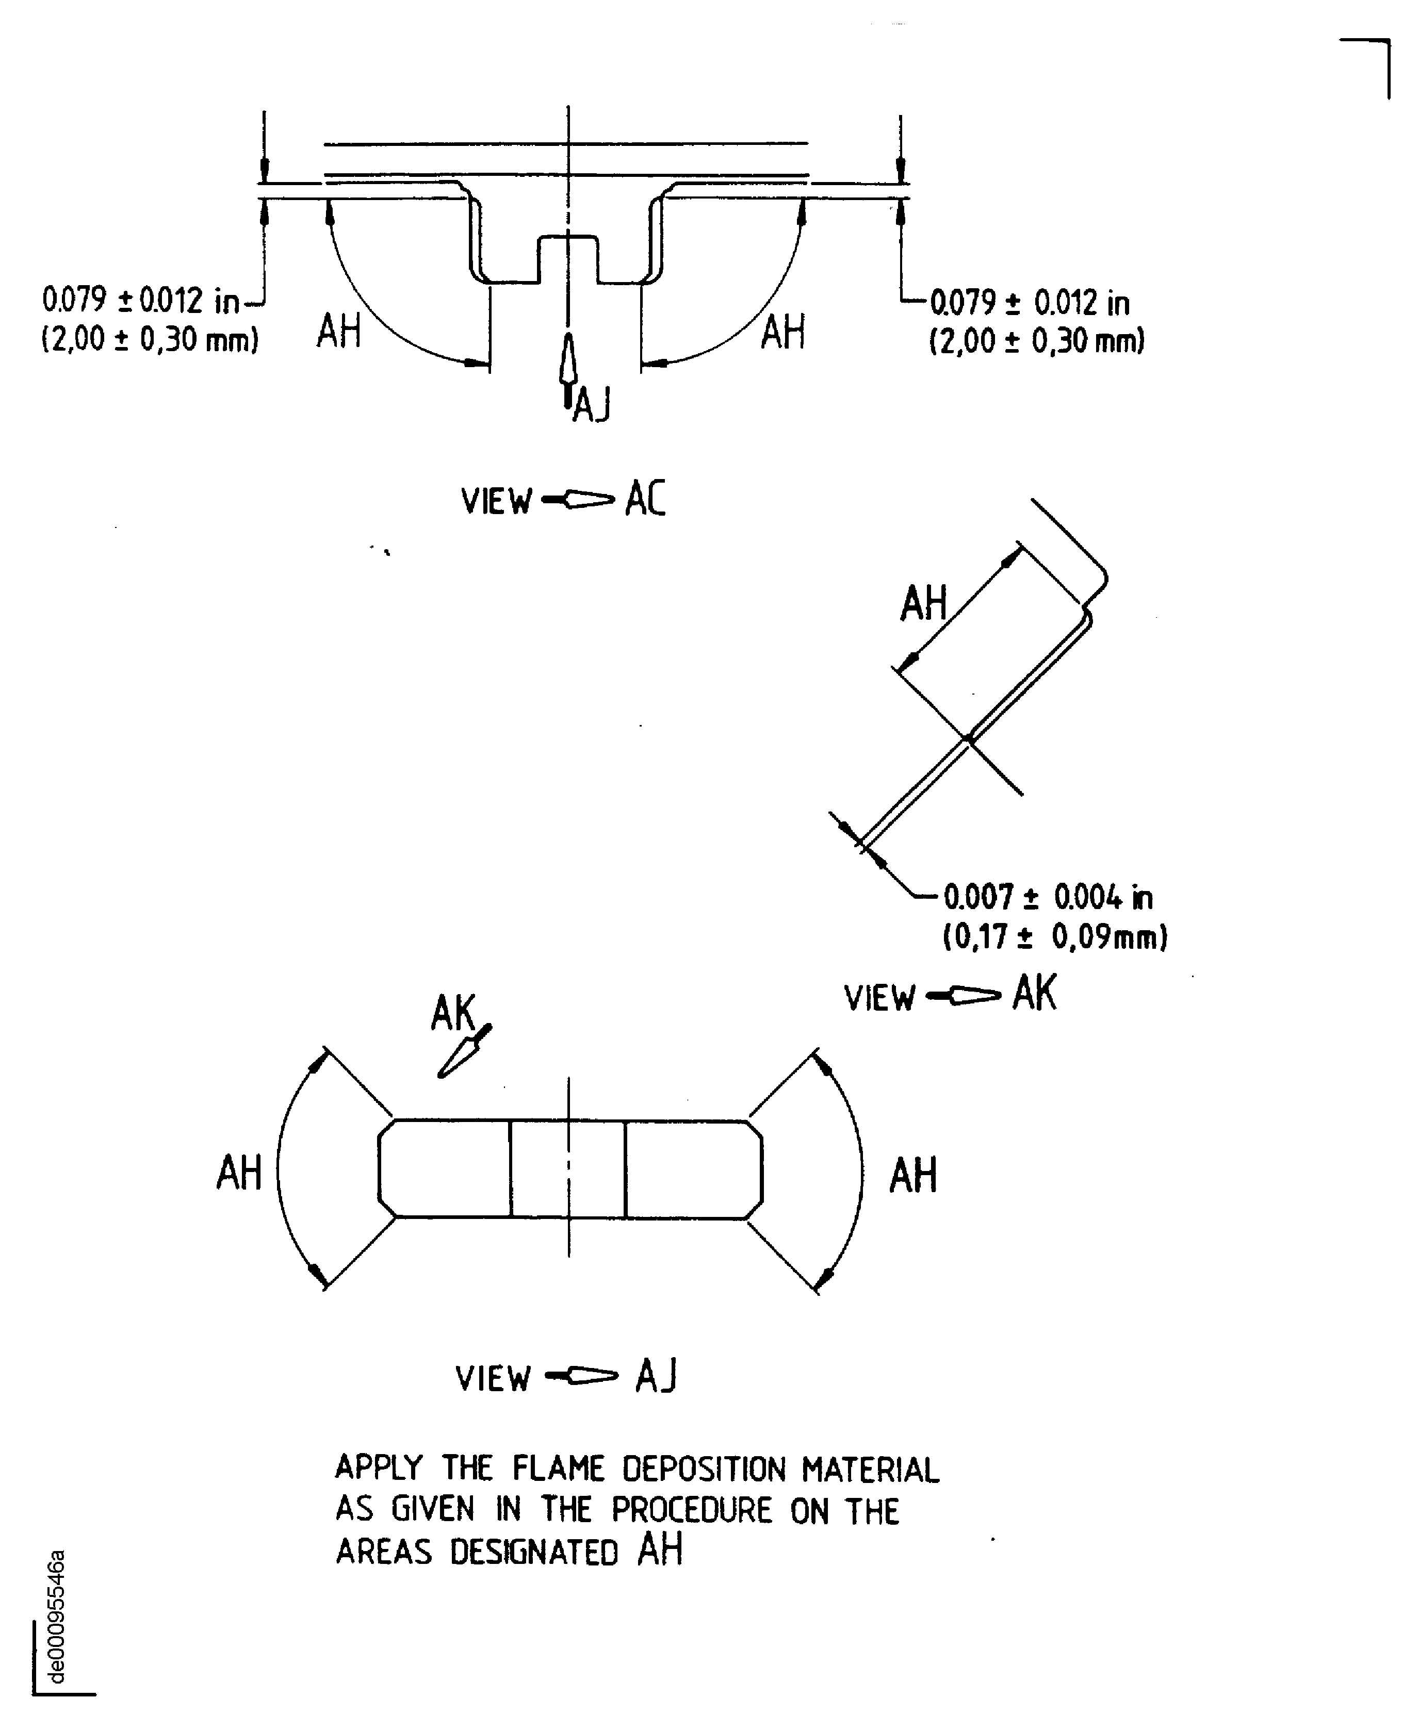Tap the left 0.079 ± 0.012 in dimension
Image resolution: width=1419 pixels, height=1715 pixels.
pyautogui.click(x=140, y=301)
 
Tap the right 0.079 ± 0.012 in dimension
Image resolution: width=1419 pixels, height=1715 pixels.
pyautogui.click(x=1030, y=303)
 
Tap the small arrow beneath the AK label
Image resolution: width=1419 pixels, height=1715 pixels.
pyautogui.click(x=463, y=1053)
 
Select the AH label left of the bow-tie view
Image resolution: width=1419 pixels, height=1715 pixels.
pyautogui.click(x=238, y=1173)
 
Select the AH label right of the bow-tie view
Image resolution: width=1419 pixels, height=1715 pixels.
pyautogui.click(x=912, y=1175)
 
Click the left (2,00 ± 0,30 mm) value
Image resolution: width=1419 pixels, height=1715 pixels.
pyautogui.click(x=150, y=339)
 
